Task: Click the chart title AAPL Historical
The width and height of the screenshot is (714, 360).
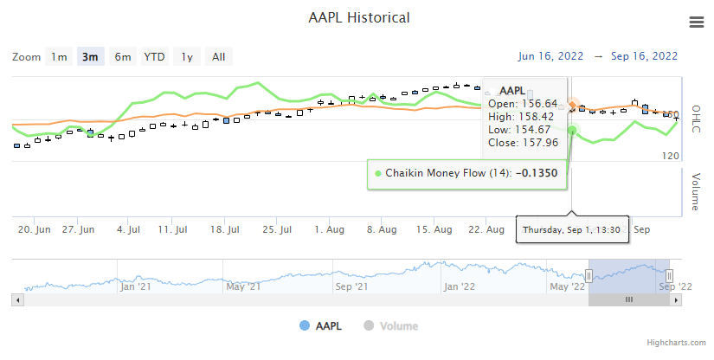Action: pyautogui.click(x=359, y=18)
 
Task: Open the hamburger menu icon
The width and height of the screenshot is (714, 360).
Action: pyautogui.click(x=697, y=22)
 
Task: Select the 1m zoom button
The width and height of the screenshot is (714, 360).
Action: pyautogui.click(x=59, y=57)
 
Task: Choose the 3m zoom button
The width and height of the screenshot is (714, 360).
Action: pyautogui.click(x=90, y=57)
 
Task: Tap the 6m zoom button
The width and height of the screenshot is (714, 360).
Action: pyautogui.click(x=123, y=57)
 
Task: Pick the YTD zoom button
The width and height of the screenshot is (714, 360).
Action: pyautogui.click(x=155, y=57)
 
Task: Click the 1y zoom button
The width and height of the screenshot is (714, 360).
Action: pyautogui.click(x=186, y=57)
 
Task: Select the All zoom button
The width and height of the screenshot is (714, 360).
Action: pyautogui.click(x=218, y=57)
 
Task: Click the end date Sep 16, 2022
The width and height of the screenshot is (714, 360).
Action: pyautogui.click(x=644, y=56)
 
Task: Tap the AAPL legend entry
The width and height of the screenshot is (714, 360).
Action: pyautogui.click(x=321, y=326)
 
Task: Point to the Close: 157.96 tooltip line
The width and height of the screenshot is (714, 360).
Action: pyautogui.click(x=523, y=143)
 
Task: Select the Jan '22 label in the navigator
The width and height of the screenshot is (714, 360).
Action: pyautogui.click(x=459, y=286)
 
